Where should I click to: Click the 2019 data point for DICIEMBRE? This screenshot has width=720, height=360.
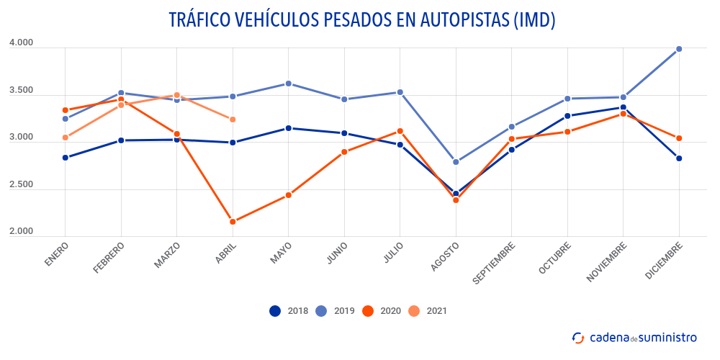[x=679, y=49]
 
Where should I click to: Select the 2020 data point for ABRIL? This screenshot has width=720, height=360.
[x=233, y=222]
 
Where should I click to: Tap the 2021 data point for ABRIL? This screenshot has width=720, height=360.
[x=233, y=120]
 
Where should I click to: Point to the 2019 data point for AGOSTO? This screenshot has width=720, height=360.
[x=456, y=162]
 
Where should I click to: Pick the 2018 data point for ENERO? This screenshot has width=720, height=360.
[x=66, y=158]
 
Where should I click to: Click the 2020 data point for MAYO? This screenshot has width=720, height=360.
[x=288, y=195]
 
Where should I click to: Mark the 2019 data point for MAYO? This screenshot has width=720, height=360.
[x=288, y=84]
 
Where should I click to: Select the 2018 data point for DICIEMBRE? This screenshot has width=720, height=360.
[x=679, y=158]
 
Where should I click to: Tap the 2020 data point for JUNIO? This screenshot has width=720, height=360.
[x=344, y=152]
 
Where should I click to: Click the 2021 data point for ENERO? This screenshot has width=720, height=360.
[x=66, y=138]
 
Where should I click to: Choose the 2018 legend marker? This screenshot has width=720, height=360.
[x=275, y=311]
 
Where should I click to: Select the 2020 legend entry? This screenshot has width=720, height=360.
[x=382, y=311]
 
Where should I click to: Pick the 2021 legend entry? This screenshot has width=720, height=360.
[x=428, y=311]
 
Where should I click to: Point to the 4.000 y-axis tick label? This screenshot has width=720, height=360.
[x=22, y=43]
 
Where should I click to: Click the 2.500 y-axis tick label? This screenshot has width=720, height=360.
[x=22, y=185]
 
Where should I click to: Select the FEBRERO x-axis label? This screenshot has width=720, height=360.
[x=109, y=256]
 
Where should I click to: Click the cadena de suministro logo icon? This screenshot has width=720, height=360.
[x=578, y=338]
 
